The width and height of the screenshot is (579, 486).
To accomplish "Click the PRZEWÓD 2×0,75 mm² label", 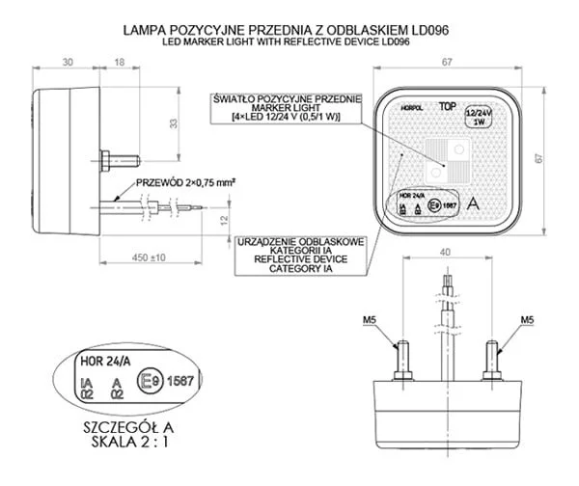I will (186, 181).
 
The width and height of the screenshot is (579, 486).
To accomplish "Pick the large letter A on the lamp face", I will (474, 204).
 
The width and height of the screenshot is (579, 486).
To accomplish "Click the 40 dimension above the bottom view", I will (445, 252).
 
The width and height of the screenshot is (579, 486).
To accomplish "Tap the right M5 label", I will (527, 319).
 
